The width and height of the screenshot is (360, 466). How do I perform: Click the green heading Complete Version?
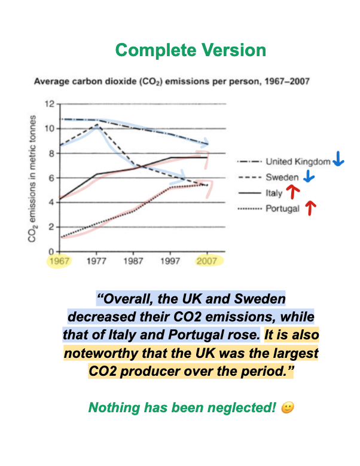tap(191, 50)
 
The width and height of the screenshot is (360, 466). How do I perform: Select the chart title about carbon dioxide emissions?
tap(171, 81)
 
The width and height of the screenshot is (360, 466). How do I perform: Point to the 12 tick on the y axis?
tap(51, 104)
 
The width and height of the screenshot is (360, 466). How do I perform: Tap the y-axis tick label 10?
tap(51, 128)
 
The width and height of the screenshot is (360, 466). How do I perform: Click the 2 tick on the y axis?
tap(53, 227)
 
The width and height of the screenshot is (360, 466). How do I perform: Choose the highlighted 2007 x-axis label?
tap(207, 262)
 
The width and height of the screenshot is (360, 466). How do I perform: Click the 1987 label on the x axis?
tap(133, 262)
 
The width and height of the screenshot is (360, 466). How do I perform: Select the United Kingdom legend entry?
tap(298, 161)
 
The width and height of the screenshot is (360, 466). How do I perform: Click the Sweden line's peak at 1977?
tap(96, 125)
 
